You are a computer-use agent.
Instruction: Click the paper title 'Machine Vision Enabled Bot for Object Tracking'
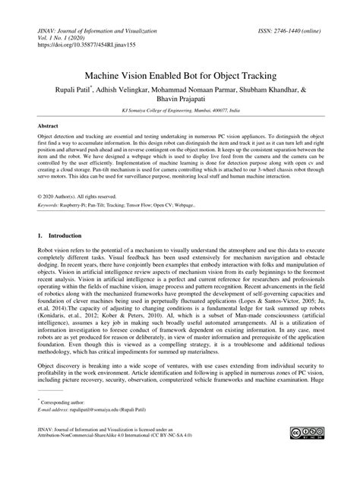180,77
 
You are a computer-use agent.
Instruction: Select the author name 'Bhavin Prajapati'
180,100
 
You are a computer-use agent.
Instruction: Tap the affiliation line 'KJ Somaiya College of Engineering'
180,111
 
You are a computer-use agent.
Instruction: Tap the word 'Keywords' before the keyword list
51,204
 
